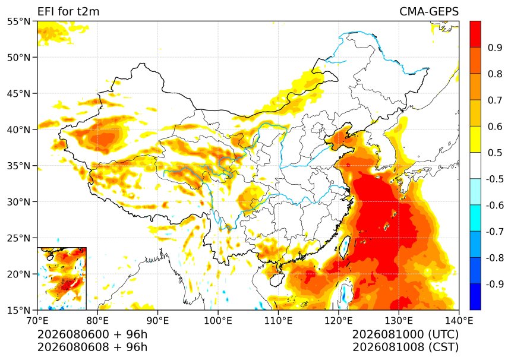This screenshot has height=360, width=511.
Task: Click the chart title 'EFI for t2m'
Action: click(68, 11)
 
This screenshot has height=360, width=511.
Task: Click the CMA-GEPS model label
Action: click(429, 11)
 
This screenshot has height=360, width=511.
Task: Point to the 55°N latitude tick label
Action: click(18, 22)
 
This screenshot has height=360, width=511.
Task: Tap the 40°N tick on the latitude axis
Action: click(18, 130)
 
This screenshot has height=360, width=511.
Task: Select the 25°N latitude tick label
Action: click(18, 238)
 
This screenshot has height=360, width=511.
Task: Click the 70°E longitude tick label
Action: click(37, 321)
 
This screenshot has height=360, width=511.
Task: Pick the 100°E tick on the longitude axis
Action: click(218, 321)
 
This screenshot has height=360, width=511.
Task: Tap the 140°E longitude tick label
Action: click(459, 321)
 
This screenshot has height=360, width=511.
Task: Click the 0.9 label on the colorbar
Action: click(495, 48)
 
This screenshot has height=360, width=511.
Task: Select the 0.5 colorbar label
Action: click(495, 153)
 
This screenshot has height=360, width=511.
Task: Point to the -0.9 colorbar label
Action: click(495, 284)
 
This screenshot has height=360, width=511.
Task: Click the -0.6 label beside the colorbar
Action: click(495, 206)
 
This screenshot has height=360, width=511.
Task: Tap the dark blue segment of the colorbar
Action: click(475, 296)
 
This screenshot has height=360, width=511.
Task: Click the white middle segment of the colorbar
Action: click(475, 166)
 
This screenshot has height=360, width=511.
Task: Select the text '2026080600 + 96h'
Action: click(92, 334)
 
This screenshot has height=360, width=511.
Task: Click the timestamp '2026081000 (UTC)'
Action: click(405, 334)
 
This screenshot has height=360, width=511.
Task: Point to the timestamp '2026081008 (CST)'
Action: click(405, 347)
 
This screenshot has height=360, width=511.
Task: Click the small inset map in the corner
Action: click(62, 279)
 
